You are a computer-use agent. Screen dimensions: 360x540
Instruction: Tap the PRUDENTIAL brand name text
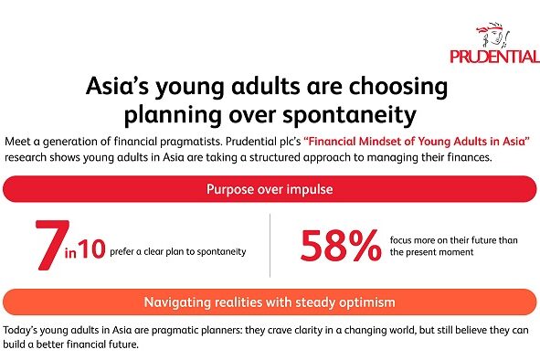(x=494, y=57)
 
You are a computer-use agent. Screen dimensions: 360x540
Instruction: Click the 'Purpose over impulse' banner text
(x=270, y=190)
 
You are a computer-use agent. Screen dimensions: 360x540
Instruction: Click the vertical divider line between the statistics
(x=270, y=245)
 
